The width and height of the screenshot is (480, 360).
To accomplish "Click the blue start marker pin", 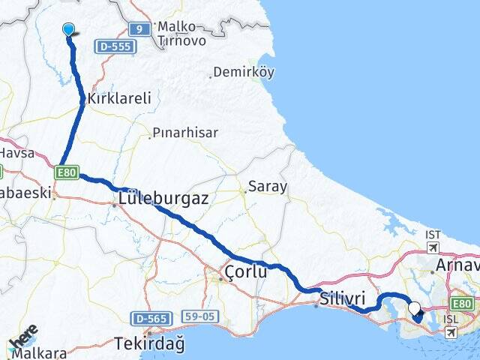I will pos(69,29).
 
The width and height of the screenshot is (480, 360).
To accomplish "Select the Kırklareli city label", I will pos(120,98).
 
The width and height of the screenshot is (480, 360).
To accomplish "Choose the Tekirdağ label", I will pos(149,344).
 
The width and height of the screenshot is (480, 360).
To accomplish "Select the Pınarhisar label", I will pos(185,133).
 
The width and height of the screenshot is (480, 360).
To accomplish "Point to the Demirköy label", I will pos(244,73).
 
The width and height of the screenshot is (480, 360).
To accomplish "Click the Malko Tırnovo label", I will pos(181,34).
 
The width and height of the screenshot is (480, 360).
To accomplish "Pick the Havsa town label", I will pos(16,152).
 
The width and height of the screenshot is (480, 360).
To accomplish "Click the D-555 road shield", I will pos(115,46).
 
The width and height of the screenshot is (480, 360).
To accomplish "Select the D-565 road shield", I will pos(150,318).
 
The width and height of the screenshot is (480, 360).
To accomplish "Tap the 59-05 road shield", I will pos(199,316).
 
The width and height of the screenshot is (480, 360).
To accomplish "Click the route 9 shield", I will pos(138,29).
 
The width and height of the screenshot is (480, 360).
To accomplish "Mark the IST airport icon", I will pos(433,247).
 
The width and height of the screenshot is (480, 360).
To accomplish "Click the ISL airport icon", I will pos(450,331).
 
